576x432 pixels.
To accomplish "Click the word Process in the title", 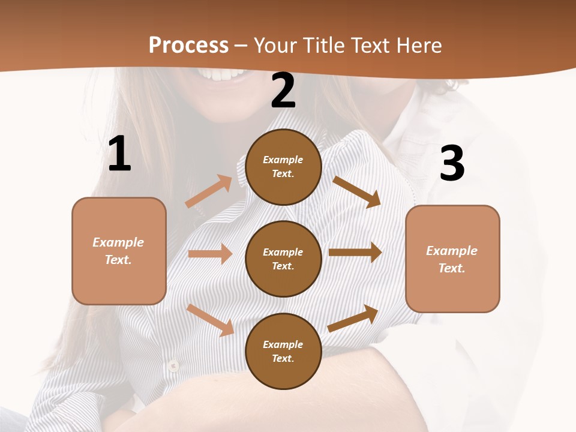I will click(x=188, y=46).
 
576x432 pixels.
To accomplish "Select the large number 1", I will click(x=119, y=154).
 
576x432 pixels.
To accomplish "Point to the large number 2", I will click(x=283, y=91).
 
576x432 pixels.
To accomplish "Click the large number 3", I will click(x=452, y=164).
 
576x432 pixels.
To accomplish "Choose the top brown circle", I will click(x=283, y=167).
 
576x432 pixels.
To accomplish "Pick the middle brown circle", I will click(x=283, y=259).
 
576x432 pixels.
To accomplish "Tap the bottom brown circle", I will click(x=283, y=351).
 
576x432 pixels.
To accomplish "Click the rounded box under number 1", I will click(x=119, y=251).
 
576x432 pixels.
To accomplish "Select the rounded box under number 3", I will click(x=452, y=259).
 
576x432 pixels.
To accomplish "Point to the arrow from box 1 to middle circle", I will click(x=210, y=254).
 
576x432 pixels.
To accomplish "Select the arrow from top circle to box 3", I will click(x=357, y=191).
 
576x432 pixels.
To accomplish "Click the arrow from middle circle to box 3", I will click(x=355, y=253).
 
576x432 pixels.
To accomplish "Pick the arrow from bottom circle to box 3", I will click(x=353, y=318).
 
